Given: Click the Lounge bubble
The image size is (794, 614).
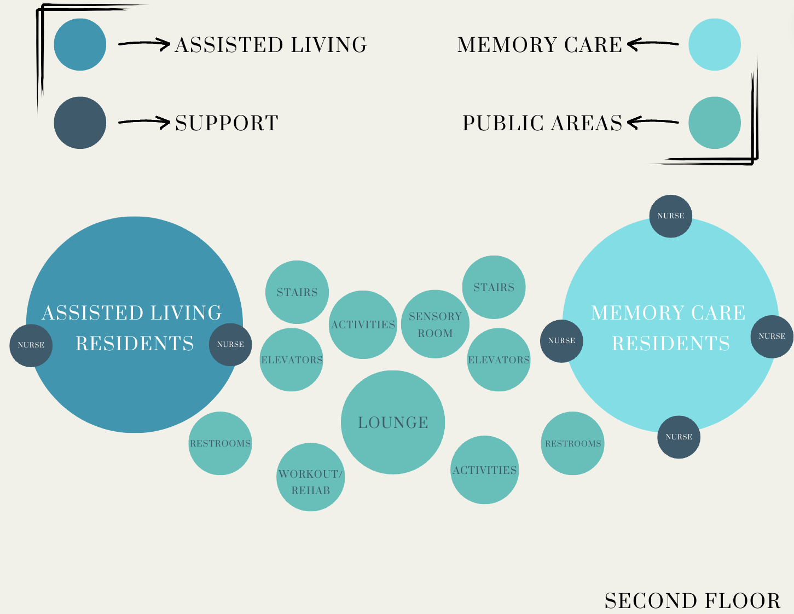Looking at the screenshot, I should pos(393,422).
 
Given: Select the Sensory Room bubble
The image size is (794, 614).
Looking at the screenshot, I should pos(435,324).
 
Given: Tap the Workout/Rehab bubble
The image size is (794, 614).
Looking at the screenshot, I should pos(311,477).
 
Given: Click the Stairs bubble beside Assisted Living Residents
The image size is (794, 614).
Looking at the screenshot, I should pos(297,292).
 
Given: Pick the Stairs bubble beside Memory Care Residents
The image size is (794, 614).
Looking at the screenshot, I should pos(494,287).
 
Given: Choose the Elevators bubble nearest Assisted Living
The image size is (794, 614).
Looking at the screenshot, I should pos(292,360).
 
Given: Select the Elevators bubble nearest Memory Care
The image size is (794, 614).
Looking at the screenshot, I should pos(499,360).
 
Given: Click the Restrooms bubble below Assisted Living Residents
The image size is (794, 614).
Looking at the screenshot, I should pos(220,443).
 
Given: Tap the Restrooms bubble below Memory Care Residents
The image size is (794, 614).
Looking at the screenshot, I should pos(573,443).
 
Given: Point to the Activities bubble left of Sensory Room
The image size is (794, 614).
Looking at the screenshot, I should pos(363,325).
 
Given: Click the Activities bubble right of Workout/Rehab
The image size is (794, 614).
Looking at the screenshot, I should pos(484,470).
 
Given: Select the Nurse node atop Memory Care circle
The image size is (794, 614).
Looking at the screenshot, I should pos(671,216).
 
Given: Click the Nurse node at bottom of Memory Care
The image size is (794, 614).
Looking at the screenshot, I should pos(679,437).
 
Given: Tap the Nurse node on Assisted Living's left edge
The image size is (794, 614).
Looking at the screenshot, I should pos(31,345).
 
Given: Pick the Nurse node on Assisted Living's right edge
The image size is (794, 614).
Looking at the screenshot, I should pos(230,345).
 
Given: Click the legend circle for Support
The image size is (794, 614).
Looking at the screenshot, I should pos(80,123).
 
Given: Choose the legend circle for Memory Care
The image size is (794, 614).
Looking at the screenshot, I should pos(715,44).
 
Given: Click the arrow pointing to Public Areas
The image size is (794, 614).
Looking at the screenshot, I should pos(653,123).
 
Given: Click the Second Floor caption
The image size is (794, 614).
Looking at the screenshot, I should pos(692,601).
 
